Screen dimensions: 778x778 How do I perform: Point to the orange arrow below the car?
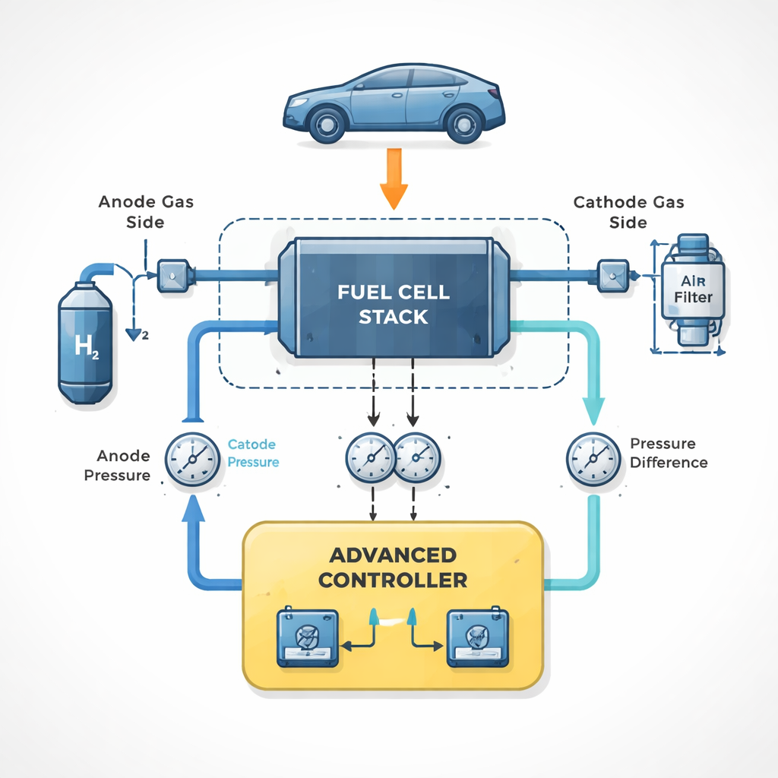[x=394, y=179]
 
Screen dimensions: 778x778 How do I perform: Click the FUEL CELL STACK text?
[x=394, y=304]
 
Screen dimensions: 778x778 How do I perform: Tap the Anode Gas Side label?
[x=146, y=211]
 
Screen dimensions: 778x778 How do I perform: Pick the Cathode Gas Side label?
[x=628, y=212]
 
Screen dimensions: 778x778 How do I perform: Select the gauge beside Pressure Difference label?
[x=593, y=459]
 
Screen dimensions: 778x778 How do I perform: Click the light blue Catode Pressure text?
[x=253, y=453]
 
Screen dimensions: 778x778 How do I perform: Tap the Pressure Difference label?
[x=669, y=453]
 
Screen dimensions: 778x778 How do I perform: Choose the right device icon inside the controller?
[x=476, y=637]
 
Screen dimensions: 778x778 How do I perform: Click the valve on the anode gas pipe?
[x=169, y=274]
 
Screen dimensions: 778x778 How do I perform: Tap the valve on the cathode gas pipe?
[x=612, y=274]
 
